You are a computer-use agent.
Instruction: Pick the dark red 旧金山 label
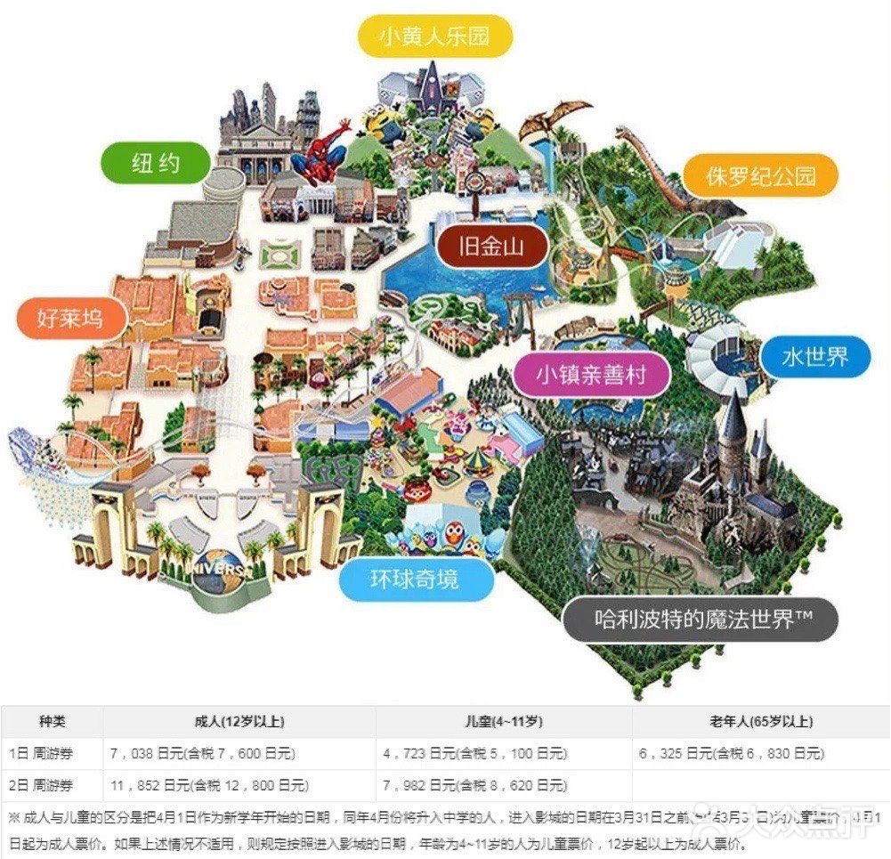point(491,247)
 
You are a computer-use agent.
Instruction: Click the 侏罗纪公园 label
point(761,175)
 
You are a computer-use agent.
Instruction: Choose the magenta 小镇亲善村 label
point(590,376)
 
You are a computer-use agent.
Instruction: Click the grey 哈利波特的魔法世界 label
point(703,619)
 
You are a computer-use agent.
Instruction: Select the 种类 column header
point(52,722)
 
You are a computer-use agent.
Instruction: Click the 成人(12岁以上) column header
point(239,722)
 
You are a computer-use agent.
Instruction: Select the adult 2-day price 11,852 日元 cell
point(208,785)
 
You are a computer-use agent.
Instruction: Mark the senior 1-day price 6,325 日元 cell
point(731,754)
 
